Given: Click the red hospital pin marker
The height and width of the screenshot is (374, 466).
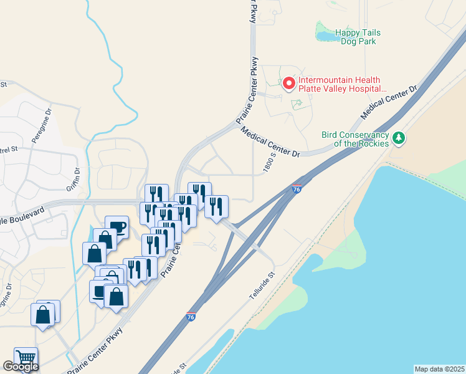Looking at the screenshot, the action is point(288,83).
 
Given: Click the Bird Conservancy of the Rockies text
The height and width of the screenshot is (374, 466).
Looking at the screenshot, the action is point(355,139).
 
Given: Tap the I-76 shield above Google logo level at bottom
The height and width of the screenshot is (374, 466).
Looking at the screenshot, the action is point(191,317).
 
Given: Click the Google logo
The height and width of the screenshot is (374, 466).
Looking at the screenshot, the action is point(21,367).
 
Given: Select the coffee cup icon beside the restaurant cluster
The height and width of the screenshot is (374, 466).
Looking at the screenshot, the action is point(117,226).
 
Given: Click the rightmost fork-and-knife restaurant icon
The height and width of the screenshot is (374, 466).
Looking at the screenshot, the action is point(216,206).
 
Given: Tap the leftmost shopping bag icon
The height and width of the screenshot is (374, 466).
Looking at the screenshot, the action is point(43,314).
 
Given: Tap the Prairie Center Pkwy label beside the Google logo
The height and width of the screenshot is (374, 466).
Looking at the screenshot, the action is point(95,351).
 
